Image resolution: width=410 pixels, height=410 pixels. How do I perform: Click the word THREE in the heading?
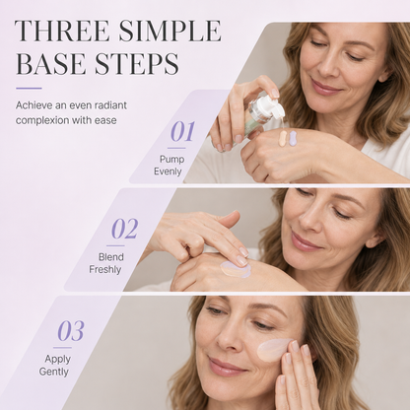click(x=62, y=31)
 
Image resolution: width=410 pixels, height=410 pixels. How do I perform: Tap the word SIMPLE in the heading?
click(x=170, y=31)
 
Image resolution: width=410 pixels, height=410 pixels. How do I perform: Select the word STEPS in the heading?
click(x=137, y=63)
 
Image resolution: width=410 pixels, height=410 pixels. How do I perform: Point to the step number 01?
click(x=182, y=131)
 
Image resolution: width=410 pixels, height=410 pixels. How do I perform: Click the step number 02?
click(x=125, y=229)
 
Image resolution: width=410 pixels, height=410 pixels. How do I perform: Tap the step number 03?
click(x=71, y=330)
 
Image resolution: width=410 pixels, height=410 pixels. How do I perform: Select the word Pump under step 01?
click(x=171, y=160)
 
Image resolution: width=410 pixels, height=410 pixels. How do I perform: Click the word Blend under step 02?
click(x=111, y=257)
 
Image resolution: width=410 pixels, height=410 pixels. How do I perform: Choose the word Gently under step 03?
click(x=54, y=372)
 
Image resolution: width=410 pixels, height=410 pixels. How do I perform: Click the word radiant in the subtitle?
click(x=110, y=105)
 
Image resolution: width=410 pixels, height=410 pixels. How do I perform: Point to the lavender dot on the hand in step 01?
click(x=293, y=138)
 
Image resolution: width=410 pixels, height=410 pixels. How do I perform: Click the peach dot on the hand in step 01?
click(x=283, y=138)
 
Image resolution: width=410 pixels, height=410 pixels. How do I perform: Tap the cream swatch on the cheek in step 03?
click(x=274, y=350)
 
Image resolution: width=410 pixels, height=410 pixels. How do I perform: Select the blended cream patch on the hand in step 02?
click(x=235, y=269)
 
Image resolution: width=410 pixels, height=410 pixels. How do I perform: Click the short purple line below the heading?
click(x=29, y=88)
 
